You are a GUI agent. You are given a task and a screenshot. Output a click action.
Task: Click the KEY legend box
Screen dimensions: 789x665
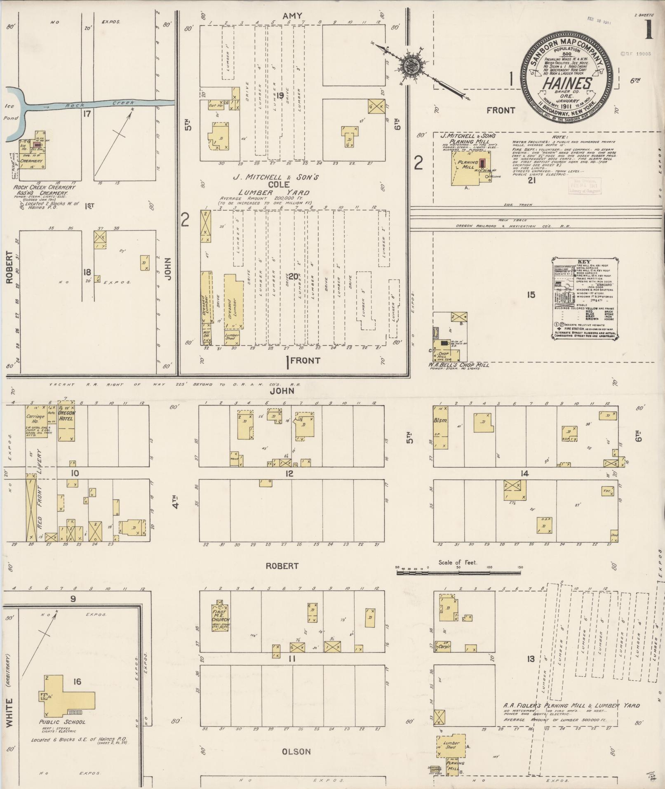point(584,299)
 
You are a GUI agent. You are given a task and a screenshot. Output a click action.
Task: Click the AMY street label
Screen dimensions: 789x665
point(293,16)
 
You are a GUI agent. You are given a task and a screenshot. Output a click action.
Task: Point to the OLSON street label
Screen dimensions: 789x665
point(296,751)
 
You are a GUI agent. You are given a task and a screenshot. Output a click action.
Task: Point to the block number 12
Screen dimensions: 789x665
point(289,473)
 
